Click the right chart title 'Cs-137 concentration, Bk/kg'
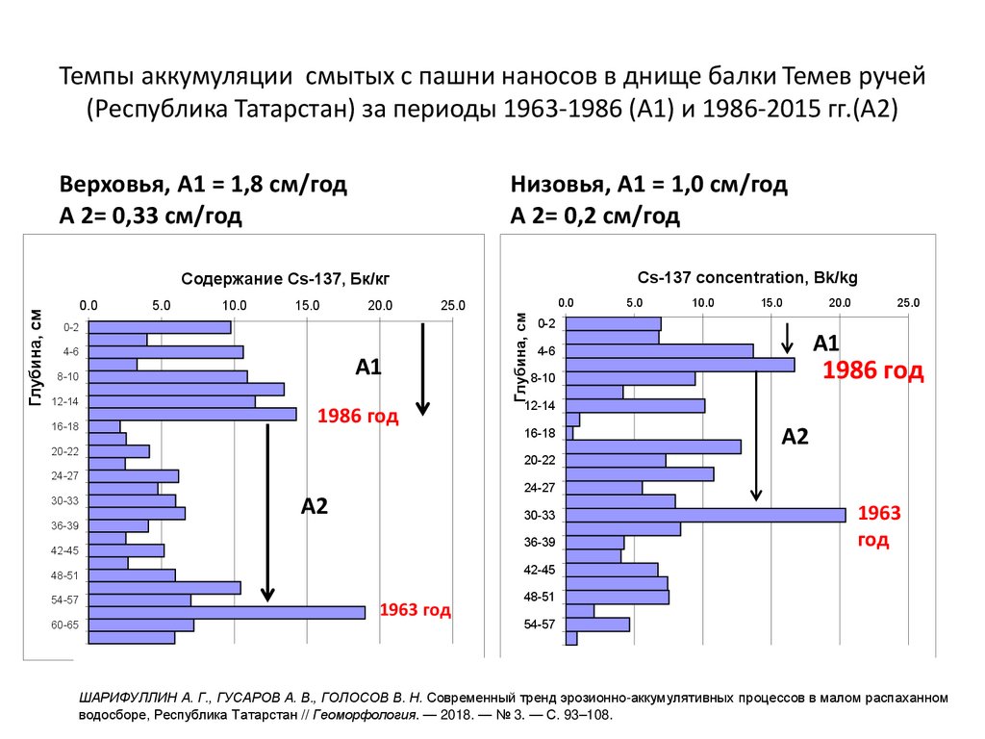click(x=747, y=277)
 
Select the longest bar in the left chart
click(x=227, y=612)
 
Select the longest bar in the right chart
click(x=706, y=515)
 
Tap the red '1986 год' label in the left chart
click(x=358, y=417)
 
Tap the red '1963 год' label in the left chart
click(x=416, y=610)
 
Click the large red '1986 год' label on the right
click(x=872, y=370)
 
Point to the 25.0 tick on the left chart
click(x=452, y=305)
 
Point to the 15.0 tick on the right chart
click(x=771, y=302)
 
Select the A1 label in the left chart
click(x=370, y=367)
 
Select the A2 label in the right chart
click(x=795, y=437)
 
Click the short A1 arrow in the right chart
click(x=787, y=338)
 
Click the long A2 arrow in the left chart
click(x=269, y=510)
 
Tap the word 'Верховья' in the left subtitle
click(x=107, y=185)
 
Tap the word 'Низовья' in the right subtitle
click(x=550, y=185)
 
